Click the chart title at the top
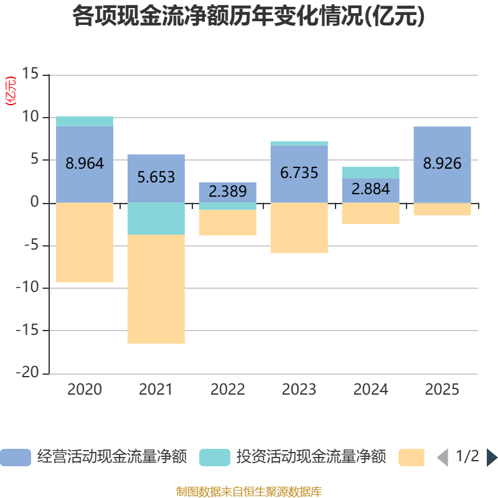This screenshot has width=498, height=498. click(248, 17)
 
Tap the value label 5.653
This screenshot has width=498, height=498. click(156, 177)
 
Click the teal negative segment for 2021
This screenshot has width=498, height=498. click(156, 218)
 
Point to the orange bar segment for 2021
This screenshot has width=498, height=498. click(156, 289)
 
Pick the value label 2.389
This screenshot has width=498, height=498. click(228, 192)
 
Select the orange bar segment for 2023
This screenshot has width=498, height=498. click(299, 228)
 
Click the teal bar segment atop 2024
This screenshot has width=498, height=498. click(370, 172)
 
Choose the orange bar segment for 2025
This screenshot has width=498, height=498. click(442, 209)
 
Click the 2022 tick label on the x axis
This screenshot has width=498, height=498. click(228, 390)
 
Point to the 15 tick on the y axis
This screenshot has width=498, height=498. click(30, 75)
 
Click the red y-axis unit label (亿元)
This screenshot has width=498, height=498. click(11, 91)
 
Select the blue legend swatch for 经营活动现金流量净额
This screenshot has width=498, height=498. click(15, 458)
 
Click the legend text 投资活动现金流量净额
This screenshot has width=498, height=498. click(311, 458)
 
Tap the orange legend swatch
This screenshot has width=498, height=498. click(411, 458)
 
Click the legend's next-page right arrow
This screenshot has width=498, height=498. click(492, 458)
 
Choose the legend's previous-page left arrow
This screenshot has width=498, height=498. click(442, 458)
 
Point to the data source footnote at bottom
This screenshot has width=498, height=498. click(248, 492)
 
